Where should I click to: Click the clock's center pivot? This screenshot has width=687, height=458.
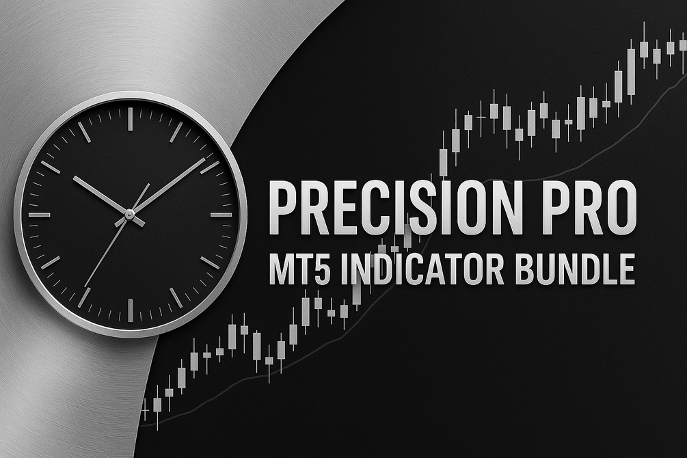tap(130, 214)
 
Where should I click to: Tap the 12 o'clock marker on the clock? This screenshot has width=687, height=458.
tap(130, 118)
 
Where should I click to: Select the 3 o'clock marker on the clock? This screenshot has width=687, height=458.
tap(221, 215)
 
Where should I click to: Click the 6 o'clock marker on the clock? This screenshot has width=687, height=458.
tap(130, 310)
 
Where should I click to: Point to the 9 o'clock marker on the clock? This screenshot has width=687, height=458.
tap(40, 215)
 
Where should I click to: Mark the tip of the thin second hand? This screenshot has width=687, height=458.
tap(85, 286)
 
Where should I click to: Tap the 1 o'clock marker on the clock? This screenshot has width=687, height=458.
tap(176, 131)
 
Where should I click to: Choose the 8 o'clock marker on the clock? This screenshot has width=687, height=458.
tap(51, 262)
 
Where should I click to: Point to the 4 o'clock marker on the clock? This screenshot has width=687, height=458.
tap(211, 262)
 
